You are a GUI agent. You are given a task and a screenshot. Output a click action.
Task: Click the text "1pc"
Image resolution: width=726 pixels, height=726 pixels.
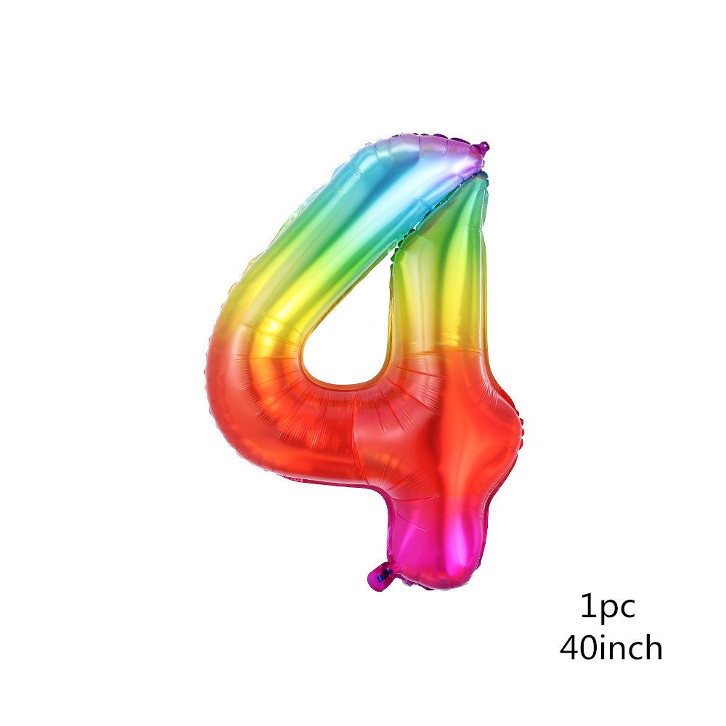click(608, 607)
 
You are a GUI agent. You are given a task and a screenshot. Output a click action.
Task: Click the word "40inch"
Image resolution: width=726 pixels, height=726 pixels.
click(611, 647)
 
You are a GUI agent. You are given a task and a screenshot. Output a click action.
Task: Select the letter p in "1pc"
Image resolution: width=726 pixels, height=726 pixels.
click(606, 611)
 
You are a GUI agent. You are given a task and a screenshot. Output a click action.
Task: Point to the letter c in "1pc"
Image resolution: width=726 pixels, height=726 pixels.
click(627, 608)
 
